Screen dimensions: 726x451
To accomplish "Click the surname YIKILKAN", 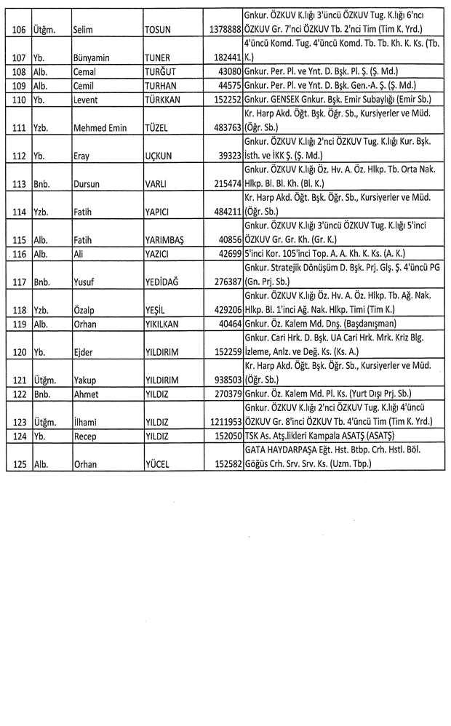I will [x=166, y=324].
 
